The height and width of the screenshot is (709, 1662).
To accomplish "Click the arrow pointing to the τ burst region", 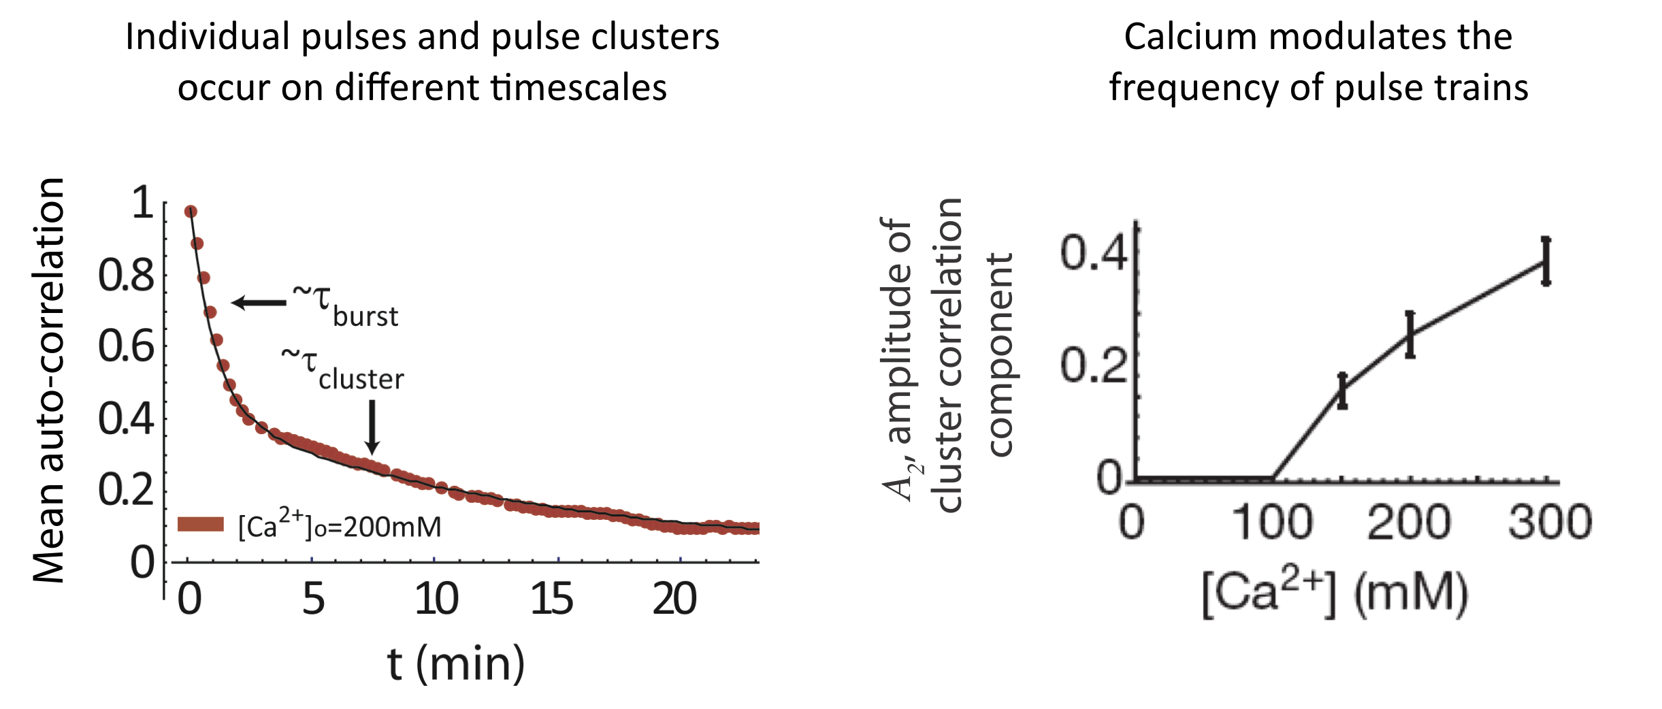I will click(x=259, y=303).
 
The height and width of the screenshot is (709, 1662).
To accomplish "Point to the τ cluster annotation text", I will click(x=343, y=369).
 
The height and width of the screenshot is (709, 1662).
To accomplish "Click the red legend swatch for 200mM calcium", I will click(x=201, y=524).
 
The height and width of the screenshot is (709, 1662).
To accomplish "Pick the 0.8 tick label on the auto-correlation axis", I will click(x=127, y=276).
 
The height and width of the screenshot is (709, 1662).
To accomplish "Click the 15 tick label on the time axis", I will click(x=551, y=599).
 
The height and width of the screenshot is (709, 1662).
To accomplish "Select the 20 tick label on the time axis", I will click(x=674, y=599).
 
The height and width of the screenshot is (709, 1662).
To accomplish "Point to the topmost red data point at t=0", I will click(x=191, y=212).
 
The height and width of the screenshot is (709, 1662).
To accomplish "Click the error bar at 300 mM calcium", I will click(x=1546, y=261).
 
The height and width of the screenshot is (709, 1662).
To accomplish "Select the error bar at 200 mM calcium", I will click(x=1410, y=334).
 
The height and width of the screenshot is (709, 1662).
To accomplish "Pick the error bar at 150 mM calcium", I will click(x=1342, y=391).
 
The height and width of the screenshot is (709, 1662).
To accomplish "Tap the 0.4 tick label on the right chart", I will click(x=1093, y=253).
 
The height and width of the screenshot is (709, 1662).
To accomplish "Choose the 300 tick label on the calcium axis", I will click(x=1550, y=523).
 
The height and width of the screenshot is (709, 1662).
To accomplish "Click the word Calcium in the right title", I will click(x=1190, y=37).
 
